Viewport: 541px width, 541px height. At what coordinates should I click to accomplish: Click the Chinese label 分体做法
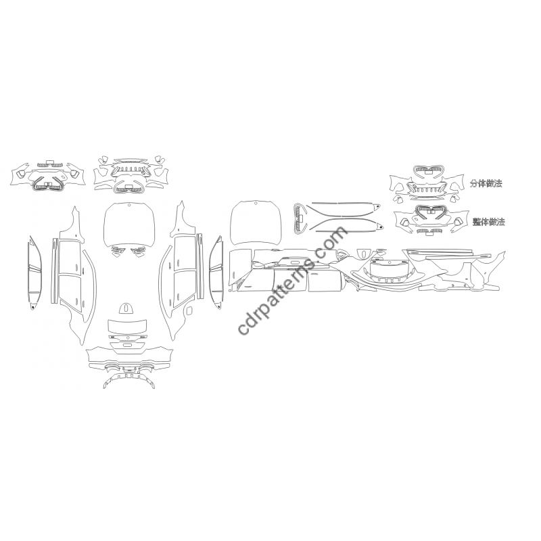point(486,183)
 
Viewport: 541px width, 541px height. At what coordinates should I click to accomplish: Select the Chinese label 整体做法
point(489,222)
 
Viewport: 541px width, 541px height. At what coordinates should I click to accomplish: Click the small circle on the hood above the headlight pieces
point(128,206)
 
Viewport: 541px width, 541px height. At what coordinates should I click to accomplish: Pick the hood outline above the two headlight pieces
point(128,225)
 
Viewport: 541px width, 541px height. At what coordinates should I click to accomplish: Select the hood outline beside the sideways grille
point(256,225)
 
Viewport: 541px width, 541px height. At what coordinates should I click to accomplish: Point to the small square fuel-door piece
point(189,311)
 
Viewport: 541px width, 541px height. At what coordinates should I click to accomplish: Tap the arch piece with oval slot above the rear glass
point(126,308)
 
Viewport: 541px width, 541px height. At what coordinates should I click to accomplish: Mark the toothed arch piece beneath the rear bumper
point(129,381)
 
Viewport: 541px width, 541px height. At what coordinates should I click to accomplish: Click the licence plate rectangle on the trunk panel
point(127,346)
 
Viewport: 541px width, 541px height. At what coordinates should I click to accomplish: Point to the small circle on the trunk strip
point(127,337)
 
